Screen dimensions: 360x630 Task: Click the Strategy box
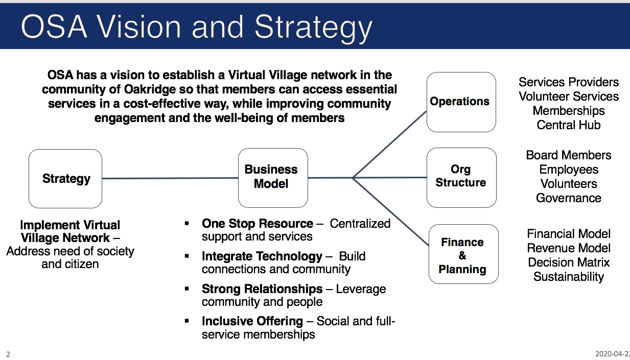(x=65, y=178)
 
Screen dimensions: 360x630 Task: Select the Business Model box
(x=273, y=177)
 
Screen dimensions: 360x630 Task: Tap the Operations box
(x=461, y=102)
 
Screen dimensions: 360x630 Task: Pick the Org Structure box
(x=461, y=177)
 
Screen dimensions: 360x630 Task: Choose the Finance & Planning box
(x=462, y=255)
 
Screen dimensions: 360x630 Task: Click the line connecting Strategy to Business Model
(x=170, y=178)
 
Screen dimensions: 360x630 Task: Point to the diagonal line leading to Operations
(x=390, y=144)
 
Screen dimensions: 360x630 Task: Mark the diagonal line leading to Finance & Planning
(x=391, y=211)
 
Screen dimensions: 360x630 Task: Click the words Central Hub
(x=568, y=125)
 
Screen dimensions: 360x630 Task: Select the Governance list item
(x=568, y=198)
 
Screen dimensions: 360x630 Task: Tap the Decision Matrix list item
(x=569, y=262)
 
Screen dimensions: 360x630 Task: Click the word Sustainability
(x=569, y=277)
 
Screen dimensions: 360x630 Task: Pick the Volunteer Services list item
(x=569, y=97)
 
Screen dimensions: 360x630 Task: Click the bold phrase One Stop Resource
(x=258, y=224)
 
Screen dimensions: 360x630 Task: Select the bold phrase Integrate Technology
(x=262, y=256)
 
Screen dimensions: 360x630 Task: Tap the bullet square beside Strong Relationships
(x=188, y=289)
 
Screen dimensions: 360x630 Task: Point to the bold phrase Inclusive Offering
(x=252, y=321)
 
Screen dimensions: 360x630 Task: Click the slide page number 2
(x=8, y=353)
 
